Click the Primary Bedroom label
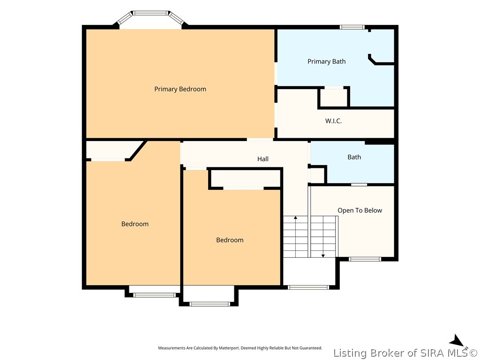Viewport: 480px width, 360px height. click(x=180, y=89)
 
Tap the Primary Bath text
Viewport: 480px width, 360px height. click(x=326, y=61)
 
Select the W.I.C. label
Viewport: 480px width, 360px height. click(x=333, y=121)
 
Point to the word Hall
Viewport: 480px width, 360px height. click(x=262, y=159)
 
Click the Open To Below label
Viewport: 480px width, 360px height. click(x=360, y=210)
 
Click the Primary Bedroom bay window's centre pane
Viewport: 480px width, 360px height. click(x=150, y=13)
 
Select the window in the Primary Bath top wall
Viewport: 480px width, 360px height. click(x=352, y=27)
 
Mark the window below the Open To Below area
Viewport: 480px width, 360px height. click(x=365, y=259)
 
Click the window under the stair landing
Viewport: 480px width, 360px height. click(x=308, y=287)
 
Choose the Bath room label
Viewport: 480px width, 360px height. click(x=354, y=157)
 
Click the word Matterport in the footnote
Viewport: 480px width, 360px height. click(x=229, y=348)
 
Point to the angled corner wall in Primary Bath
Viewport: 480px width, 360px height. click(x=372, y=60)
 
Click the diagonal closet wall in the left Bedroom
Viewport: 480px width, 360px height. click(x=137, y=150)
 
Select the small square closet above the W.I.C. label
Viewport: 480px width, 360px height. click(x=334, y=97)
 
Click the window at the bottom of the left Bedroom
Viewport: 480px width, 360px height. click(x=154, y=295)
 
